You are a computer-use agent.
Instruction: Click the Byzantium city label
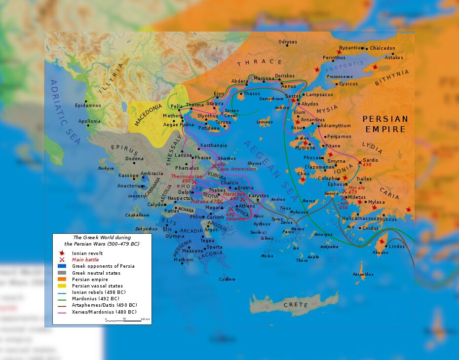coord(351,48)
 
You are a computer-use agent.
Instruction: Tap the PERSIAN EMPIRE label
coord(385,124)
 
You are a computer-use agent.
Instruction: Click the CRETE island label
coord(296,305)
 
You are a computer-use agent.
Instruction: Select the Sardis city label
coord(371,160)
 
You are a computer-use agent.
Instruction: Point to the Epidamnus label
coord(88,106)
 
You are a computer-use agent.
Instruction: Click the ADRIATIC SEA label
coord(64,111)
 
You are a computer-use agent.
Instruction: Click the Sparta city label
coord(214,247)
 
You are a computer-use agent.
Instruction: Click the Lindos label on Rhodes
coord(397,246)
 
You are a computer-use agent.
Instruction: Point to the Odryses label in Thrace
coord(288,42)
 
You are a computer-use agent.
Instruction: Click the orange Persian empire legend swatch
coord(62,280)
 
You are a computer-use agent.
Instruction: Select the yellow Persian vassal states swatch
coord(62,286)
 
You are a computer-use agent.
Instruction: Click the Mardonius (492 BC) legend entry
coord(99,299)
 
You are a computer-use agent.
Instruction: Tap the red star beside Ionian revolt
coord(62,253)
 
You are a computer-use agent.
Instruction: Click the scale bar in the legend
coord(127,319)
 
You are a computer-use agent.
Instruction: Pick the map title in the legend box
coord(103,241)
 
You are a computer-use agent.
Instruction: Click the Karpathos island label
coord(363,274)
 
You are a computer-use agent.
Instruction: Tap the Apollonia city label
coord(89,121)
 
